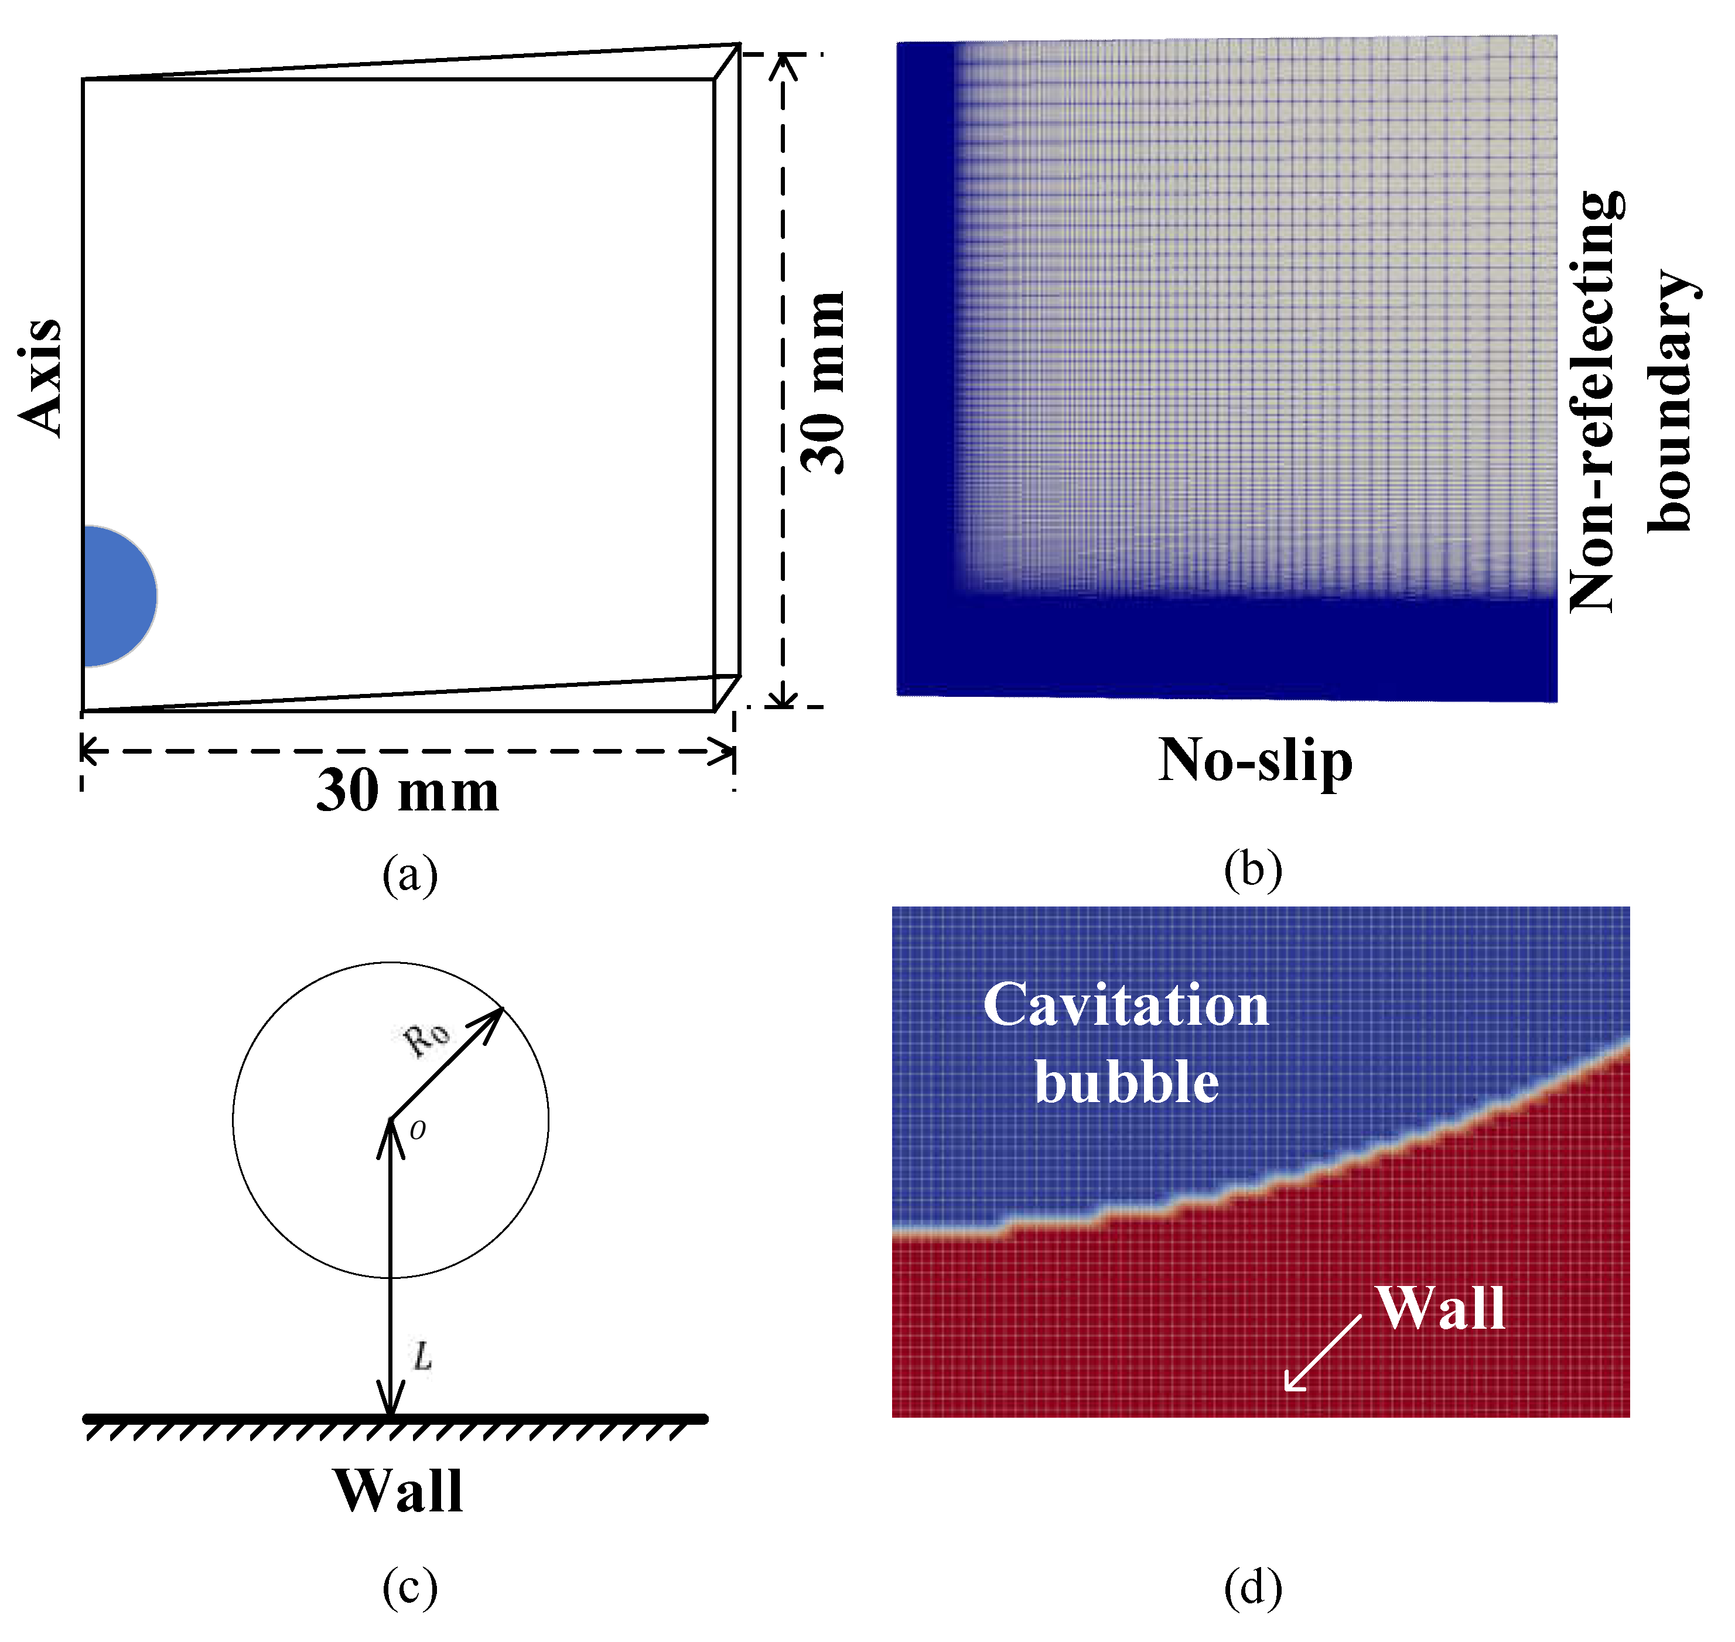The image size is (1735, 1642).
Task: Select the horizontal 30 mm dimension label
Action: [407, 791]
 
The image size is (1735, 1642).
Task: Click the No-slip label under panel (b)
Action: [1255, 760]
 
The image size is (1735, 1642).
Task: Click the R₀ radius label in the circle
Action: [427, 1038]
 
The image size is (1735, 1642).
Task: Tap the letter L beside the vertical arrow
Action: [423, 1357]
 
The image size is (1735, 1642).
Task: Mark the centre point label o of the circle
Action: [418, 1131]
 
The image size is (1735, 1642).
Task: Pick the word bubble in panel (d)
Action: [1126, 1083]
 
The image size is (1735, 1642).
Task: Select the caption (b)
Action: [1253, 871]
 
